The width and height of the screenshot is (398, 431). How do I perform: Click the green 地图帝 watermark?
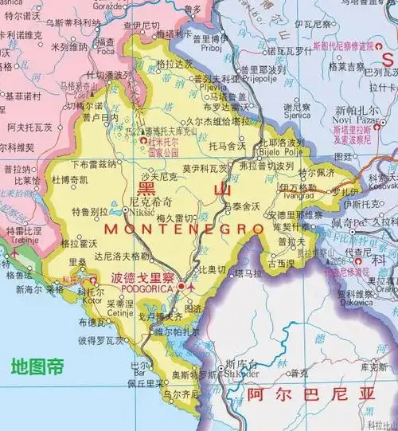(x=37, y=366)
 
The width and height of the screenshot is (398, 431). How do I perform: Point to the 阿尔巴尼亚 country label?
(x=299, y=394)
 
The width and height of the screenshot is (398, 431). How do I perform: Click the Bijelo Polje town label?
(x=283, y=151)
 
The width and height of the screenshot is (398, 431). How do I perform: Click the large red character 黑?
(x=148, y=189)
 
